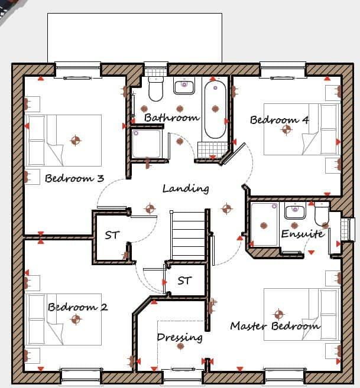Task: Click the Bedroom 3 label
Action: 74,178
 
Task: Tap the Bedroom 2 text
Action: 77,307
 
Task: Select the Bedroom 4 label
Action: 279,120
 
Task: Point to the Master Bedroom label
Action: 275,325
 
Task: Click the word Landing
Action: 186,189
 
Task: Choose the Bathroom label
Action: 171,118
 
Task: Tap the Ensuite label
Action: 303,234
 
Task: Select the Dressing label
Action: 180,338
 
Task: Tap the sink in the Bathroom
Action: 184,86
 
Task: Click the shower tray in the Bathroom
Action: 146,142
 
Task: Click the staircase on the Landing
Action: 187,234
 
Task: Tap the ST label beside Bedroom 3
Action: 112,235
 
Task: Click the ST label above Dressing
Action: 184,281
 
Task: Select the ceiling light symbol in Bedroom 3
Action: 75,140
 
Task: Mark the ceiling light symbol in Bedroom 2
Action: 75,319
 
